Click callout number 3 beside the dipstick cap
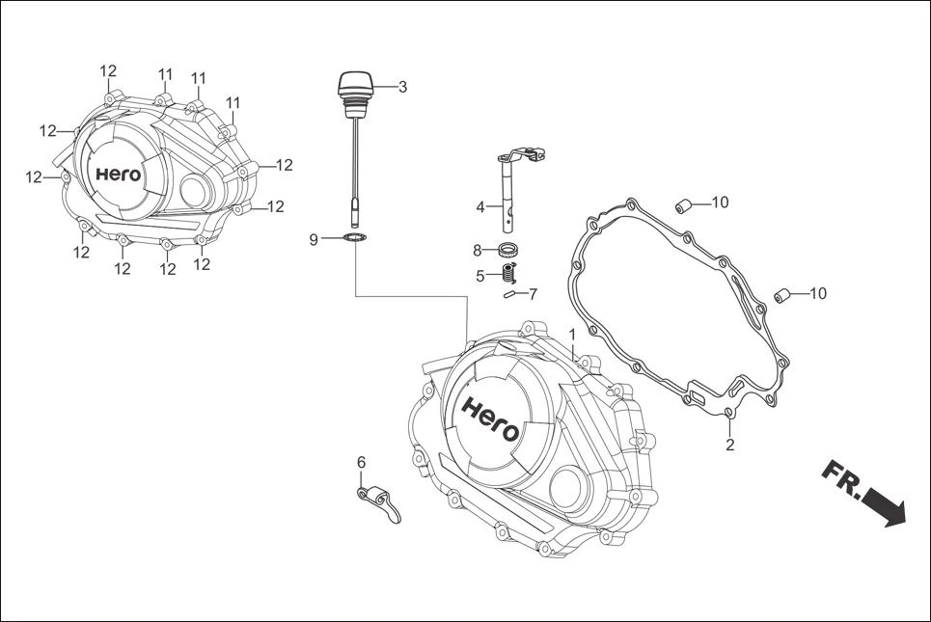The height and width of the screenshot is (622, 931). click(402, 87)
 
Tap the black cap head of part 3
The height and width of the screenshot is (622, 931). click(354, 84)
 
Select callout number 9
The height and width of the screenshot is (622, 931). click(314, 239)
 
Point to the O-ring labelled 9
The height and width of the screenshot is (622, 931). click(355, 238)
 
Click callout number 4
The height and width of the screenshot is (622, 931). click(480, 206)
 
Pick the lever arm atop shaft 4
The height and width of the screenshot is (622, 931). click(522, 154)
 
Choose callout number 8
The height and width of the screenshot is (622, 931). click(477, 251)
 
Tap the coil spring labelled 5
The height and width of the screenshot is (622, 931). click(508, 274)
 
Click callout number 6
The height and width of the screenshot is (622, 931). click(362, 463)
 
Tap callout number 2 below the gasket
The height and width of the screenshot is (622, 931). click(729, 445)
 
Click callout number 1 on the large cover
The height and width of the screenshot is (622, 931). click(572, 334)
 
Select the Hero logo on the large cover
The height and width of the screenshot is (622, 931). click(490, 418)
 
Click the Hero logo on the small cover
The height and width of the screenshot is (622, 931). click(118, 176)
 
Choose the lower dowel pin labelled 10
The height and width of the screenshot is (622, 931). click(783, 295)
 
